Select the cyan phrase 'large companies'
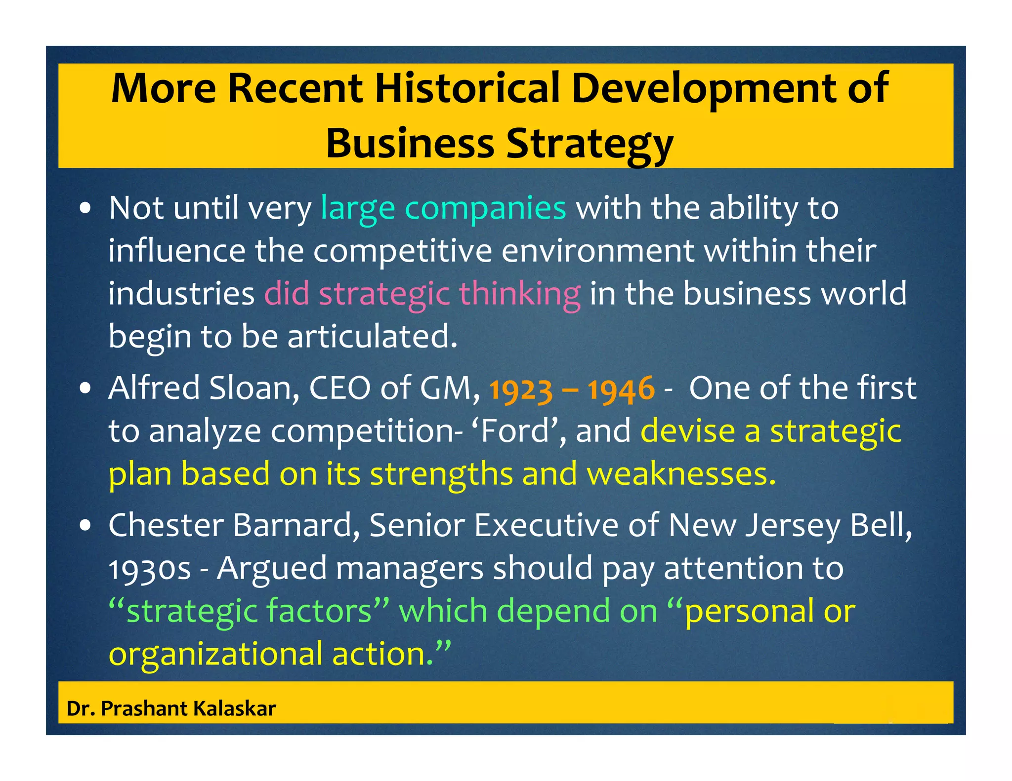tap(443, 208)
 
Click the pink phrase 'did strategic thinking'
tap(422, 294)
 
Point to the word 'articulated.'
tap(373, 337)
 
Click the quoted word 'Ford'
tap(515, 431)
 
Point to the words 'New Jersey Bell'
tap(789, 525)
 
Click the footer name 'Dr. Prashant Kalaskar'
tap(171, 708)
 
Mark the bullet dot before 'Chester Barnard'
tap(86, 526)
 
